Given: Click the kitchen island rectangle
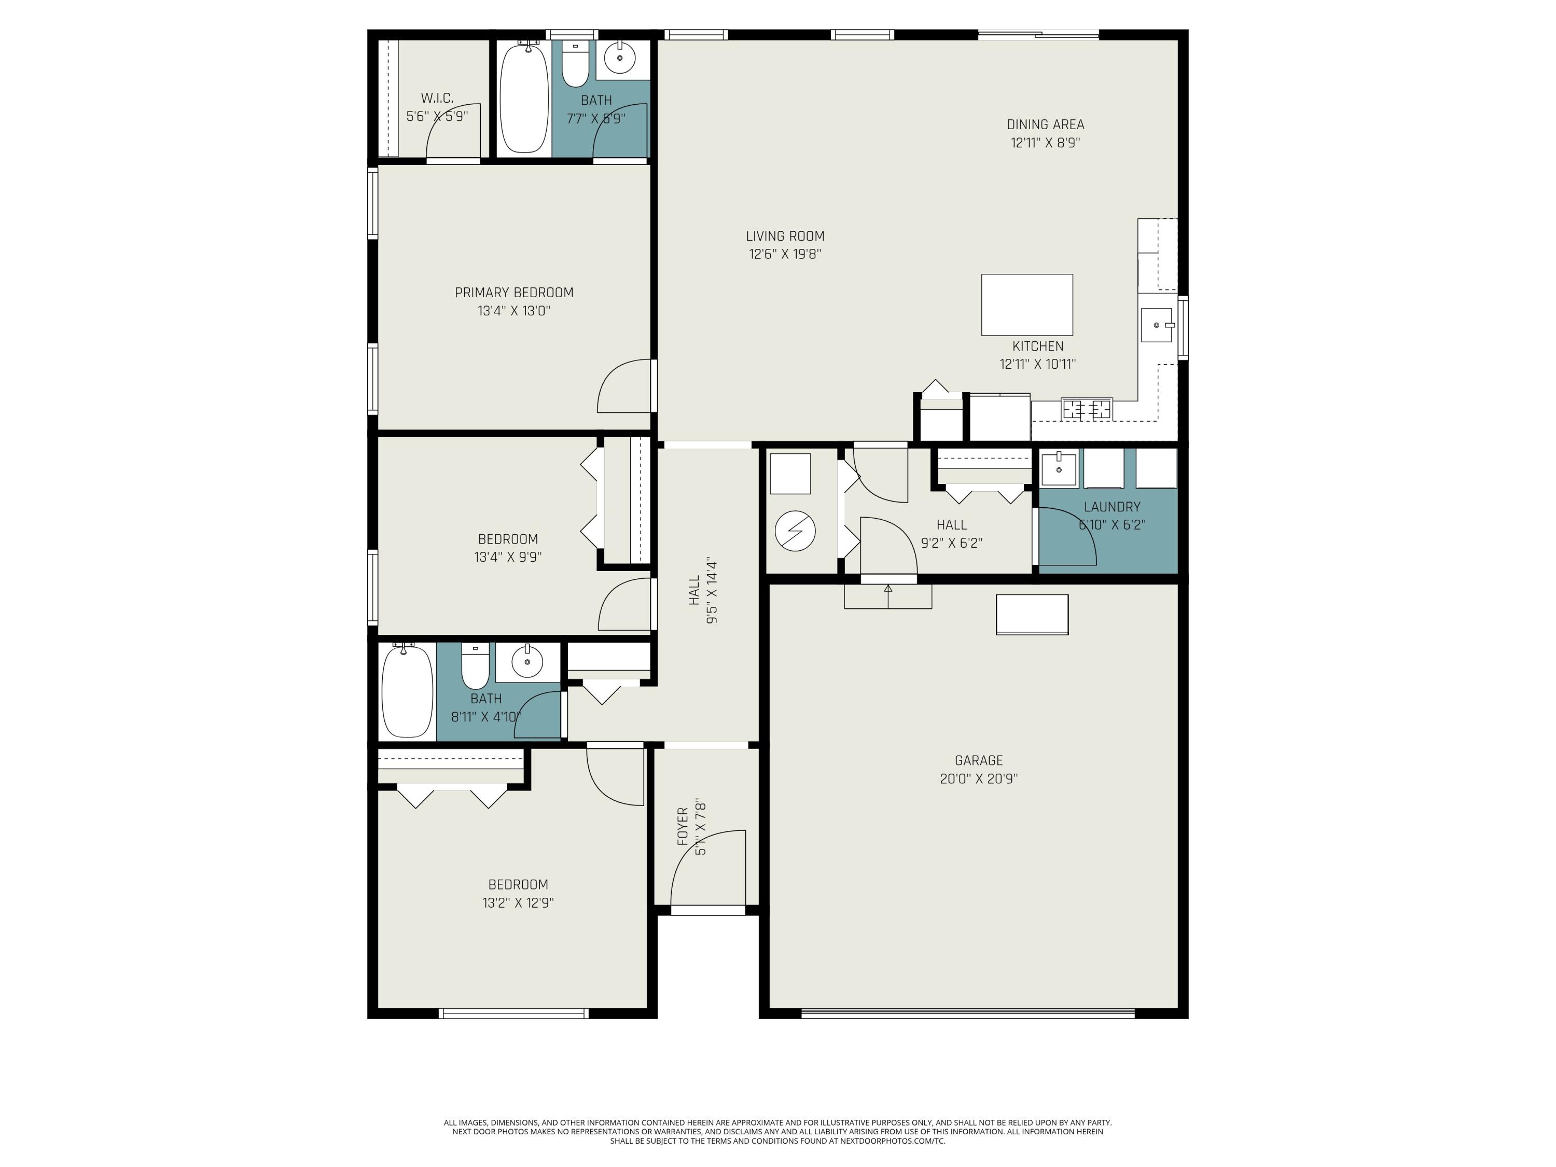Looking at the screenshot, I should [1026, 304].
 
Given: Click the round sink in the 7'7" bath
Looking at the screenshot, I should [620, 58].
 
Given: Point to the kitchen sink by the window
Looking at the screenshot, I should [1156, 325].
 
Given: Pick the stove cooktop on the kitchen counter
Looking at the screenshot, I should [1087, 409].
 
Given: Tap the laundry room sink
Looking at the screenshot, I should [1059, 468].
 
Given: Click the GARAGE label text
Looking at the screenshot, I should [979, 760].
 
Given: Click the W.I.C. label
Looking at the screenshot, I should [437, 98].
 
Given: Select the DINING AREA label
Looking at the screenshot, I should [1045, 124].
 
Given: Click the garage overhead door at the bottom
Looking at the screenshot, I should [967, 1013].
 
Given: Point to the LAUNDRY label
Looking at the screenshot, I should [1112, 506].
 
